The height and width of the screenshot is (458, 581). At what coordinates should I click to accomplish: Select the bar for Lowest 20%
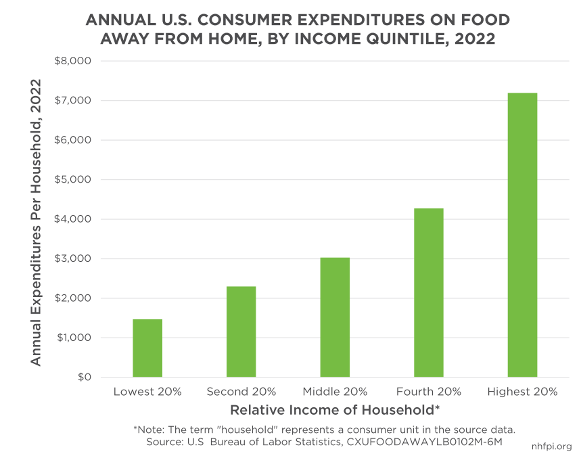(x=147, y=348)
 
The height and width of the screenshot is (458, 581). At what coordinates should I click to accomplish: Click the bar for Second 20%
(x=241, y=331)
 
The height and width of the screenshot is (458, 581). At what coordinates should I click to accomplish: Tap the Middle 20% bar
(x=335, y=317)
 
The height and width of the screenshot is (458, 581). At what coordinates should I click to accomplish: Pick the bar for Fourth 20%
(x=429, y=292)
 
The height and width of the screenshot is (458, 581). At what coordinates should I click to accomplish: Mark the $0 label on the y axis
(x=82, y=377)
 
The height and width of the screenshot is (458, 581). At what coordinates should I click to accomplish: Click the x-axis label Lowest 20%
(x=147, y=392)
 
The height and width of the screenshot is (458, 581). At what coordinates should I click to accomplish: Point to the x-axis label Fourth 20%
(x=429, y=392)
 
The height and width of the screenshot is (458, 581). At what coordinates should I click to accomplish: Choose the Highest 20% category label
(x=522, y=392)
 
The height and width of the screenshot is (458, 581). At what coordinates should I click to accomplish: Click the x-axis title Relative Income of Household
(x=335, y=410)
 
